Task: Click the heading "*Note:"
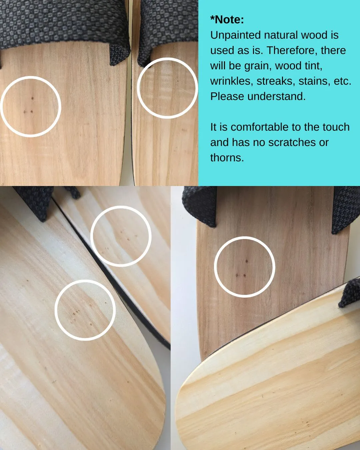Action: coord(227,20)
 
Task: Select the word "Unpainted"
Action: coord(235,35)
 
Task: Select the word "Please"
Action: coord(227,96)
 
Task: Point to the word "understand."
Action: coord(277,96)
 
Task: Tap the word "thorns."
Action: coord(227,158)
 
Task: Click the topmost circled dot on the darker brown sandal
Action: coord(247,261)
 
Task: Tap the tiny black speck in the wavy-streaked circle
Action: coord(178,81)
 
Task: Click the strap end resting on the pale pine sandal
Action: coord(349,293)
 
